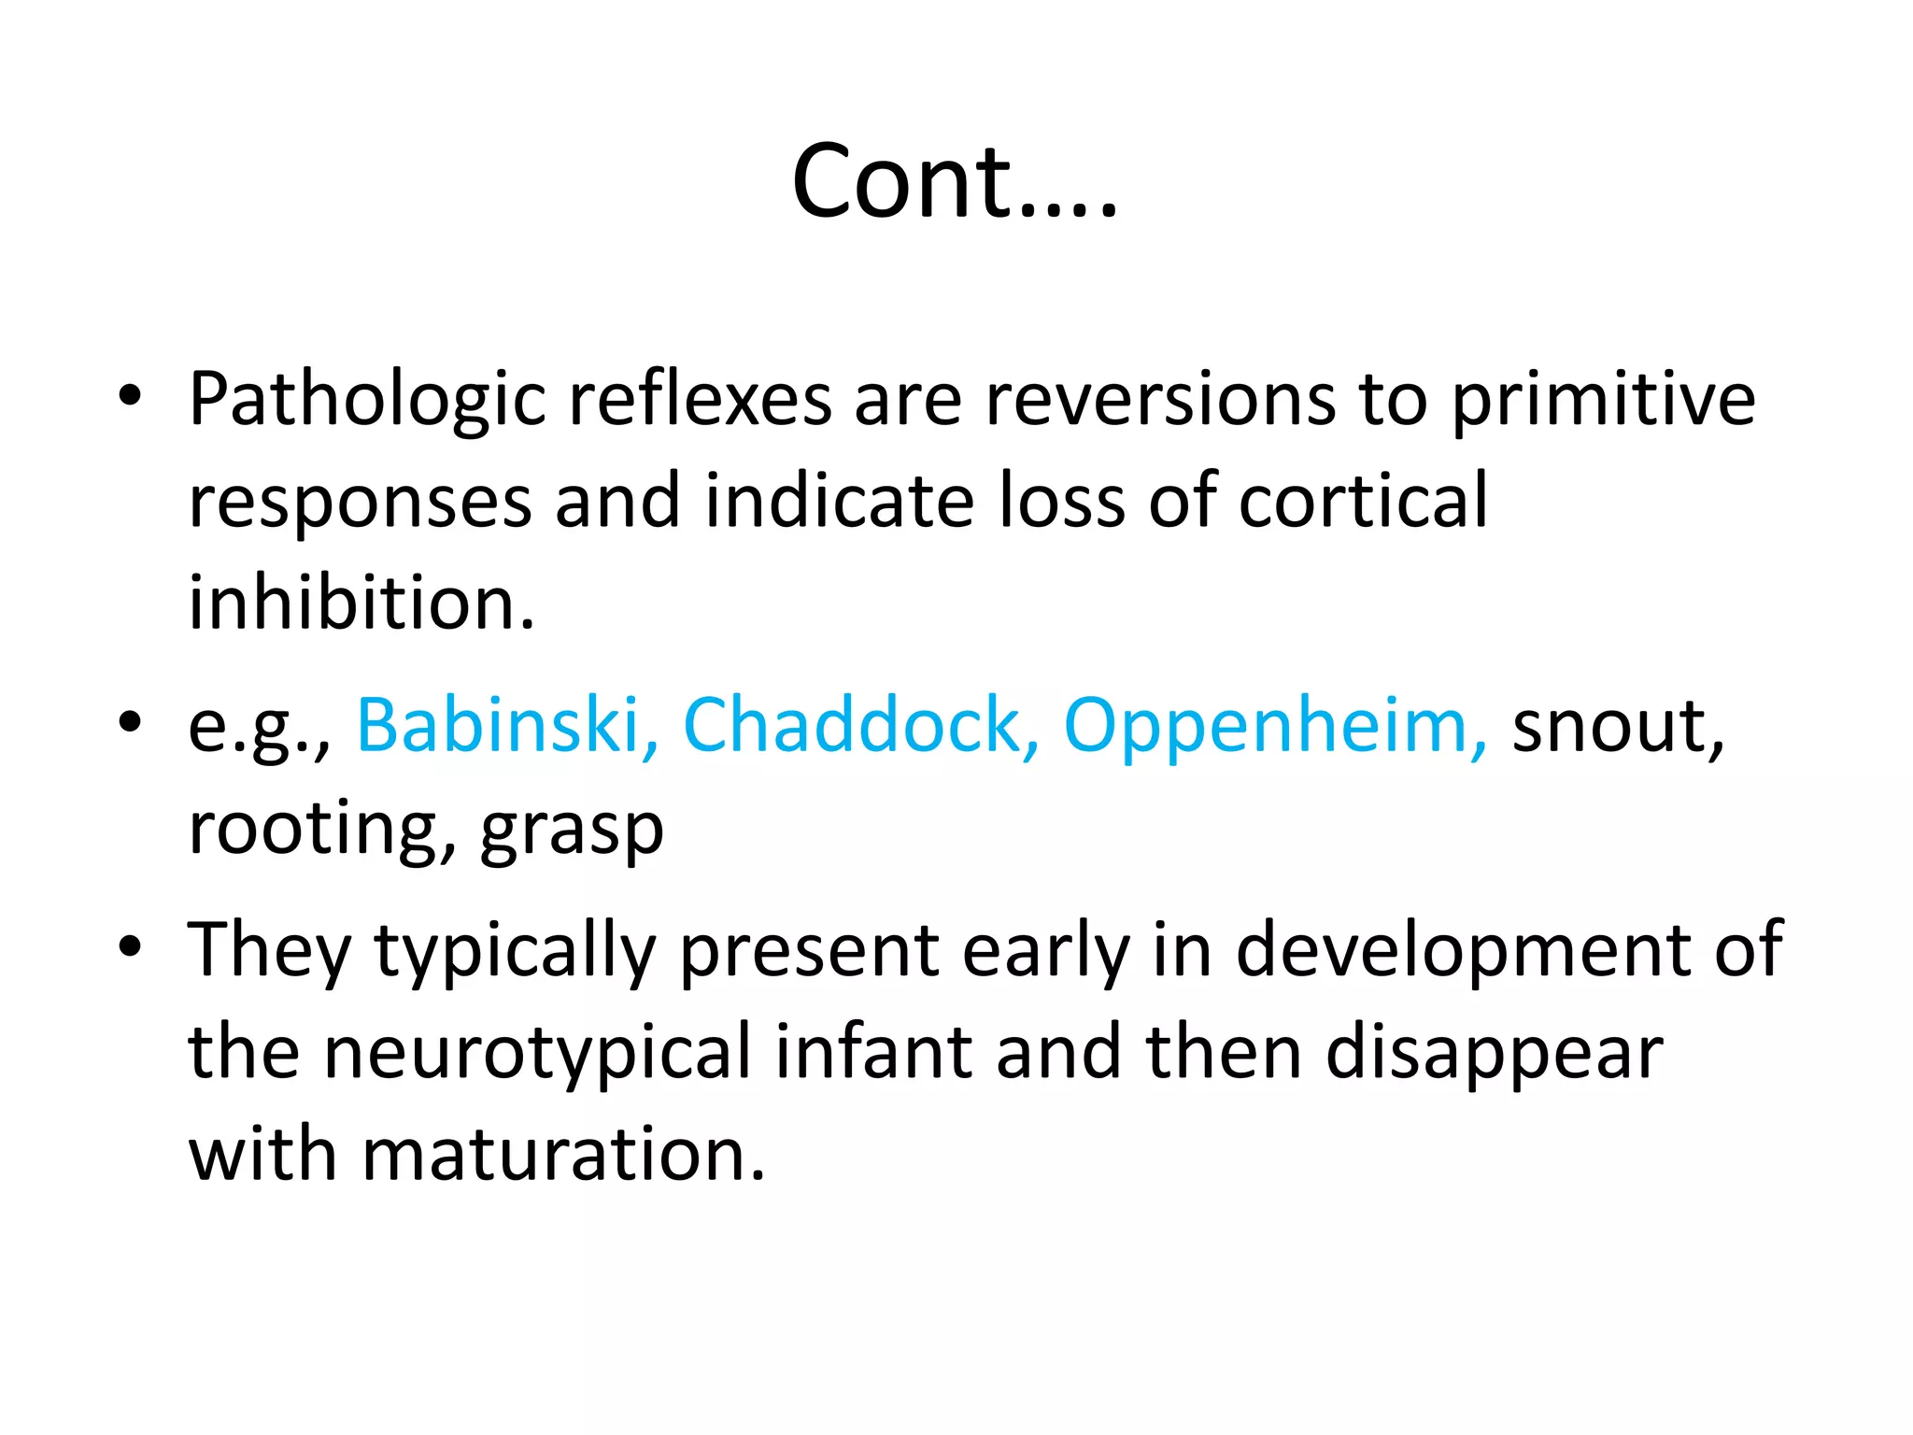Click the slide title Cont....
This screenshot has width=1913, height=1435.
954,181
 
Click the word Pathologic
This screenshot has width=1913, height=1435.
366,401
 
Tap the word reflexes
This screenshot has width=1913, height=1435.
700,401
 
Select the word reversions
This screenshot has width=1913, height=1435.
1160,401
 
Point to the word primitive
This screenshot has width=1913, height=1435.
1603,401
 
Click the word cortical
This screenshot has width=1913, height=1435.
1363,502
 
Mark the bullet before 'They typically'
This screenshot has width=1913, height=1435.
130,946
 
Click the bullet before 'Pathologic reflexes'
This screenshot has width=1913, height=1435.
130,395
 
